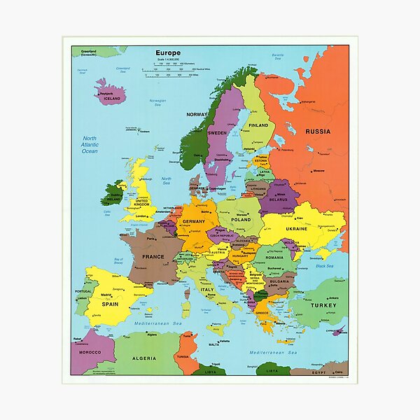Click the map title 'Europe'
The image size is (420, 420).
point(168,52)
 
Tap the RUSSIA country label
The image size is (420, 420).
point(318,131)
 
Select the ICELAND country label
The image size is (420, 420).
point(111,99)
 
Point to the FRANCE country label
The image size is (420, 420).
point(153,257)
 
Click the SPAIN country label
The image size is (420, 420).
point(110,304)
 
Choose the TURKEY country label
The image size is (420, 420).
point(323,305)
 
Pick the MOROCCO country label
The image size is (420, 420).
point(85,352)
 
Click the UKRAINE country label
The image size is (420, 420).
point(296,228)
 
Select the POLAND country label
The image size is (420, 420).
point(240,219)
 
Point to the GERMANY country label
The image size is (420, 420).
point(193,221)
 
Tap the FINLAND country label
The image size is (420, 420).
point(259,126)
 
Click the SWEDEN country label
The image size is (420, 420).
point(217,132)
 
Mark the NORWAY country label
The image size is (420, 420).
point(197,114)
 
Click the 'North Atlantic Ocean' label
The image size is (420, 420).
point(90,145)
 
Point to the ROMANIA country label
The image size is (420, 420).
point(274,258)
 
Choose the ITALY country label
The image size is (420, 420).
point(208,289)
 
